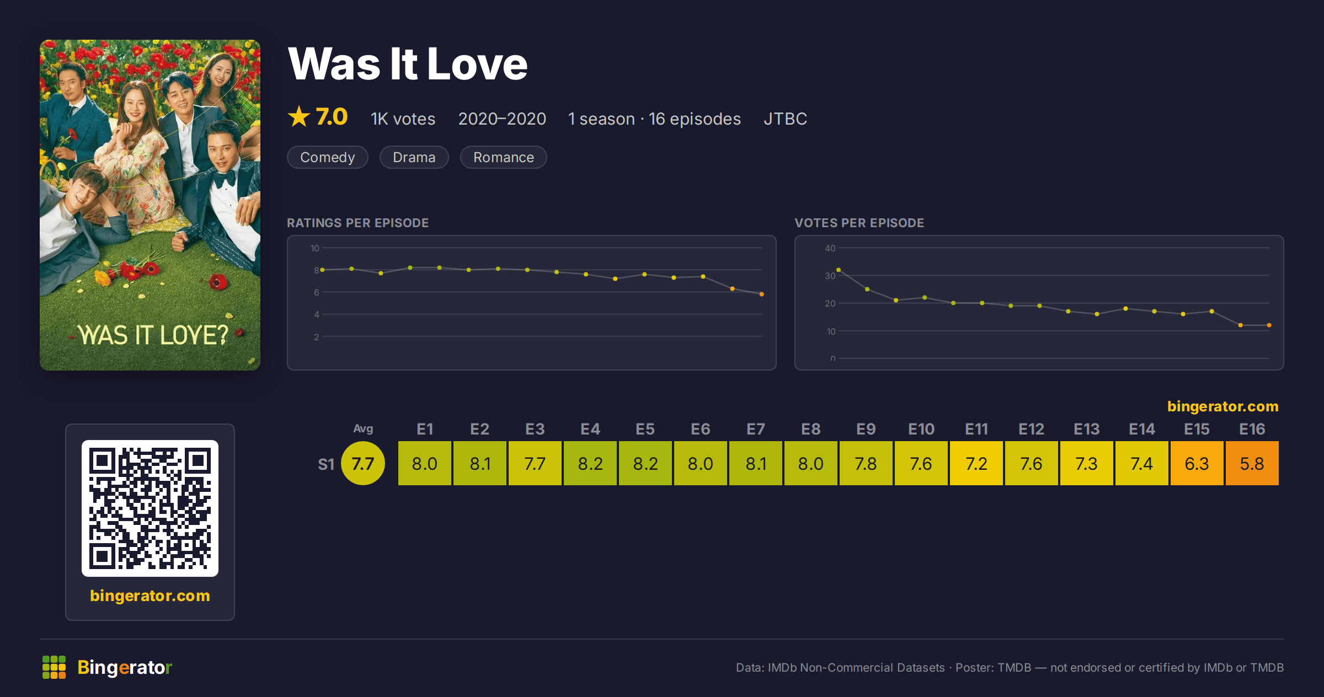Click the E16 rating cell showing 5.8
click(1252, 463)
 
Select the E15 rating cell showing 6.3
click(1197, 463)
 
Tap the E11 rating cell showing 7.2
click(976, 463)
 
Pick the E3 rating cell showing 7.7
click(535, 463)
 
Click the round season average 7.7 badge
click(363, 463)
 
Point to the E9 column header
click(866, 429)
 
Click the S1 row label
click(326, 464)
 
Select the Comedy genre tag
click(328, 157)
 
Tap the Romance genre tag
click(504, 157)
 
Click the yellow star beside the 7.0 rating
click(299, 116)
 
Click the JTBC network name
click(785, 119)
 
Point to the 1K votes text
click(403, 119)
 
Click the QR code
click(150, 508)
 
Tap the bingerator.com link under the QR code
click(150, 596)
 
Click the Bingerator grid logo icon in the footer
click(54, 667)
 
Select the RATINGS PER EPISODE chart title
click(357, 223)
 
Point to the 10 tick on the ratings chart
click(314, 248)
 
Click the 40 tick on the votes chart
click(830, 248)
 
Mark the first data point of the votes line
click(839, 270)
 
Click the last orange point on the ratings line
click(762, 294)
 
